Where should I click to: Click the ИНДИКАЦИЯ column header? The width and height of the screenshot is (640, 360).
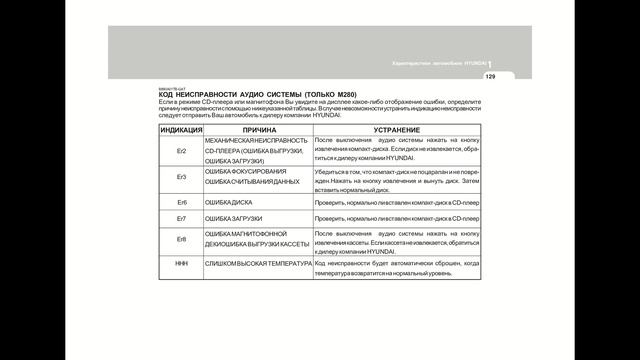click(181, 130)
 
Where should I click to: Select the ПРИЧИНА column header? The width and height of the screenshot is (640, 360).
click(259, 130)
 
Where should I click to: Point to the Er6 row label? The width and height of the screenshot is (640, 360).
click(181, 202)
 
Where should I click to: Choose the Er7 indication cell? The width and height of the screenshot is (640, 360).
click(181, 218)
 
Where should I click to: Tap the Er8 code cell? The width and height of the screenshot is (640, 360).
click(181, 240)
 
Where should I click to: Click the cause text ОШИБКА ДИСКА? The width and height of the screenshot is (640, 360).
click(231, 202)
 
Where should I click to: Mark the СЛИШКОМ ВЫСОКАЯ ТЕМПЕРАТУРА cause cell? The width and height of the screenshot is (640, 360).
click(256, 263)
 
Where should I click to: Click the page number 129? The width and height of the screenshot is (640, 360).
click(490, 77)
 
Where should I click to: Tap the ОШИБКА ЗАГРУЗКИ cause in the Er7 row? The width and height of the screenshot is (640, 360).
click(234, 218)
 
